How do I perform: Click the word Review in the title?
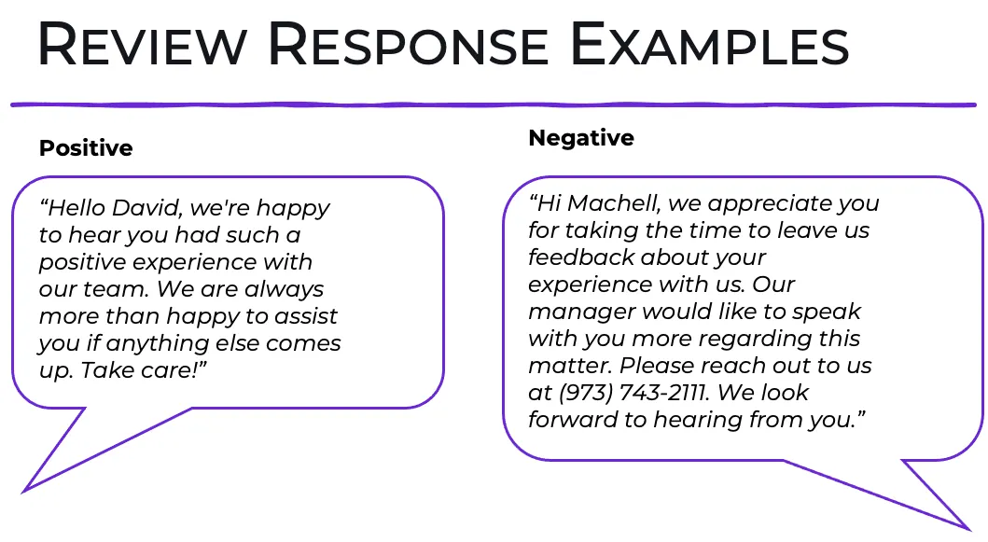pos(143,44)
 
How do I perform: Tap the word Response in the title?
pos(409,44)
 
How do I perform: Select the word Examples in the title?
pos(709,44)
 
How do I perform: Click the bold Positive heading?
pos(86,148)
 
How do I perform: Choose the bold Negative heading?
pos(581,138)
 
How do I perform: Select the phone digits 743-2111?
pos(665,393)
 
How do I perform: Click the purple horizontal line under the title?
pos(494,104)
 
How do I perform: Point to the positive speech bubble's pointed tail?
pos(25,491)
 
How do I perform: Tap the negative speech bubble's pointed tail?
pos(967,527)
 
